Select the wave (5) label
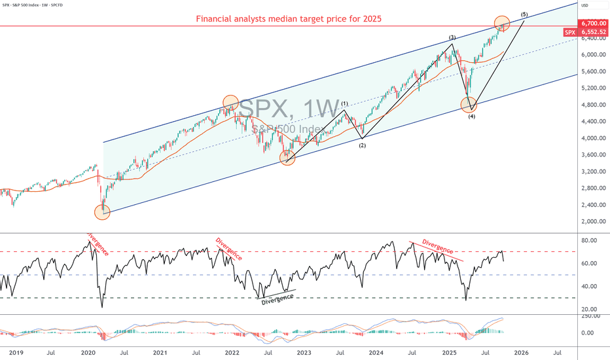pyautogui.click(x=524, y=14)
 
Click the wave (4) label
pyautogui.click(x=471, y=117)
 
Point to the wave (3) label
pyautogui.click(x=452, y=38)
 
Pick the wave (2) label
pyautogui.click(x=362, y=145)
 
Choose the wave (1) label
pyautogui.click(x=344, y=104)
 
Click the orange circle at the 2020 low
pyautogui.click(x=102, y=211)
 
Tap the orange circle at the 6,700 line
pyautogui.click(x=502, y=24)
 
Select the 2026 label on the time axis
pyautogui.click(x=521, y=353)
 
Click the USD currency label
pyautogui.click(x=584, y=5)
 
